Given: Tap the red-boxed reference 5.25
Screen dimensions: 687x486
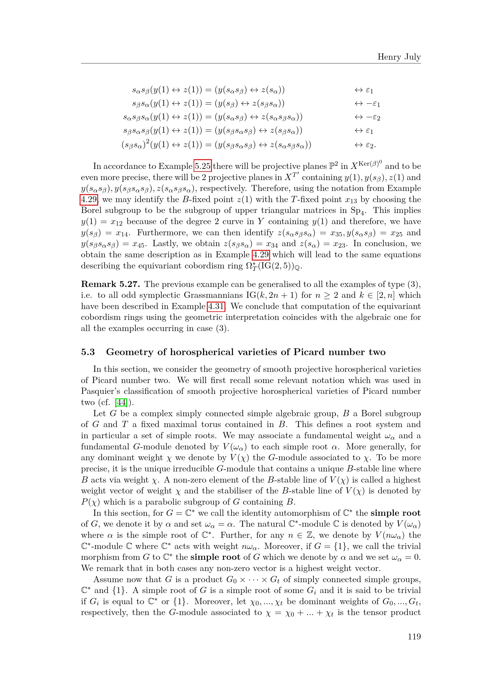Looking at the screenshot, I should (203, 166).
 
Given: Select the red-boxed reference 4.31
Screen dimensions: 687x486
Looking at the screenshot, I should (216, 306).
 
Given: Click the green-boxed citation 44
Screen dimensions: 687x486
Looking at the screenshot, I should (121, 402).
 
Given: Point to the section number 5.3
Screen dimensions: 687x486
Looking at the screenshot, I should (88, 352).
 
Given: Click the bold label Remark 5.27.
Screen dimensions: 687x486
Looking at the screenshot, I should (110, 284).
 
